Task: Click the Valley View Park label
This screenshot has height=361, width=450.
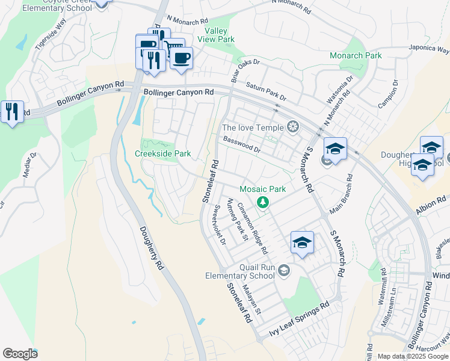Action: click(x=220, y=35)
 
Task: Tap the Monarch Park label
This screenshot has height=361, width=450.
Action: click(x=356, y=55)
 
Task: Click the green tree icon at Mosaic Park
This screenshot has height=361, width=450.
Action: click(x=262, y=202)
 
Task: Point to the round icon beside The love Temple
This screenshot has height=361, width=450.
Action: click(x=293, y=127)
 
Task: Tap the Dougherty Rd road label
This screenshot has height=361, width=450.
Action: click(x=152, y=247)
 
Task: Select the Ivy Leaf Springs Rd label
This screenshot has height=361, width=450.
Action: click(x=299, y=319)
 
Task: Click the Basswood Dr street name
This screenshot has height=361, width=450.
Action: click(x=241, y=144)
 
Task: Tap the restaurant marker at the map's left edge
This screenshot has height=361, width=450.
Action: click(x=11, y=112)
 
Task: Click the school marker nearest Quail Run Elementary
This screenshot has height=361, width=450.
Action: click(x=302, y=243)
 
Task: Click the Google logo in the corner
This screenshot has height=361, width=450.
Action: click(x=20, y=354)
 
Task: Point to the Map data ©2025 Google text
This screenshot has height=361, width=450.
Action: click(x=412, y=356)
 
